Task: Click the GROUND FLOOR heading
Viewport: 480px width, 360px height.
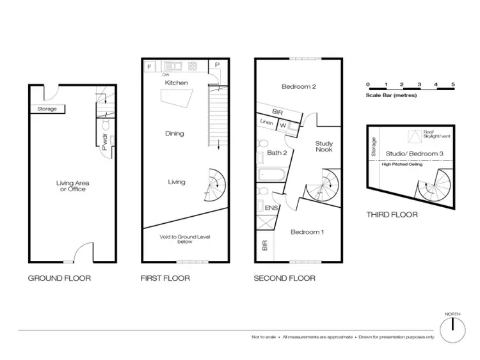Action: (59, 278)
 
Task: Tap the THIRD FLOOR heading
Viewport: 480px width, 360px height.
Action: (392, 215)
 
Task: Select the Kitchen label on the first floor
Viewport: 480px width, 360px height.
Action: (177, 83)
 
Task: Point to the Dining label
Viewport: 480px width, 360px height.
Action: (175, 134)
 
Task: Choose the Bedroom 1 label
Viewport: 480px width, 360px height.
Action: (307, 232)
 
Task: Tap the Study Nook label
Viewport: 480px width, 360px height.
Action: (324, 146)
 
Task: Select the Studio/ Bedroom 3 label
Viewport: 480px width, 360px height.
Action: (415, 154)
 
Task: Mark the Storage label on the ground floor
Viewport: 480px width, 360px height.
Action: (47, 109)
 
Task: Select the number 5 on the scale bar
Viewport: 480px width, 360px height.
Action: (452, 84)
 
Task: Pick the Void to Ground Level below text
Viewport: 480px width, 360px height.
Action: (185, 240)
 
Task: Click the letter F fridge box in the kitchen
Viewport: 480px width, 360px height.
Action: (150, 67)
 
